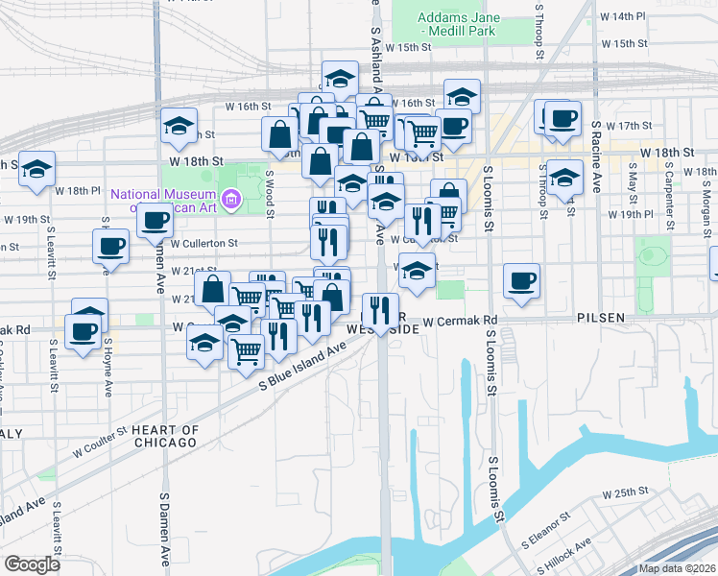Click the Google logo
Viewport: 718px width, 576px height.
pos(32,564)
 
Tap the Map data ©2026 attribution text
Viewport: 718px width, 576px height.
pos(678,568)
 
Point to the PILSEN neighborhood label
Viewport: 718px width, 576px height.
pos(602,317)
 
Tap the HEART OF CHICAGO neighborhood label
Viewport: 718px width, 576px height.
pos(164,436)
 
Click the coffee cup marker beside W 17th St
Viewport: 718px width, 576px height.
pos(562,119)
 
